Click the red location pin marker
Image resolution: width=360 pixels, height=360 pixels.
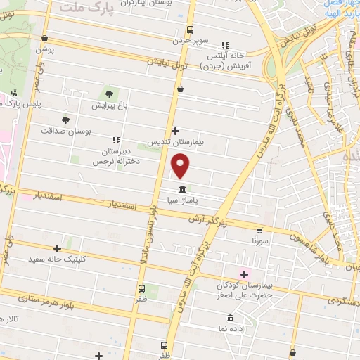[181, 167]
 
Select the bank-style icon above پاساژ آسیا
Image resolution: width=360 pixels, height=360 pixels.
[183, 190]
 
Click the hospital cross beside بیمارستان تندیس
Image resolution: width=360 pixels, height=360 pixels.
[175, 131]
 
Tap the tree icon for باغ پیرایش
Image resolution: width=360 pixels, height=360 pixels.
[108, 93]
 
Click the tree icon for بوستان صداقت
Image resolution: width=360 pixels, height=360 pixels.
[65, 120]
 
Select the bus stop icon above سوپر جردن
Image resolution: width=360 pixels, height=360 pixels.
[189, 30]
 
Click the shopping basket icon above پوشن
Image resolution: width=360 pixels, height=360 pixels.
[44, 39]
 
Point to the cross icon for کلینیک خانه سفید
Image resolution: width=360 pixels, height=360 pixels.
[58, 248]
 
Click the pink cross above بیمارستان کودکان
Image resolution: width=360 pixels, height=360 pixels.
[244, 274]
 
